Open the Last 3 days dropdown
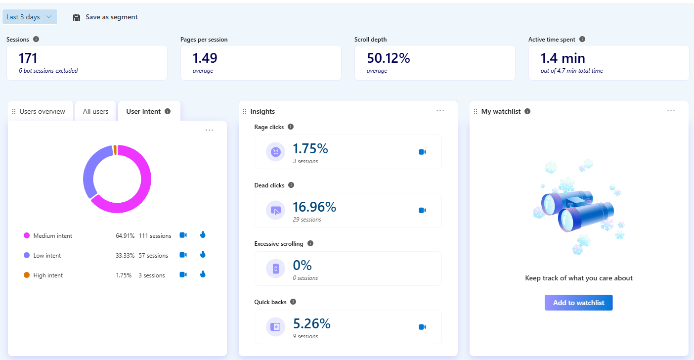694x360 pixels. [30, 17]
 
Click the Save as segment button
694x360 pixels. [105, 17]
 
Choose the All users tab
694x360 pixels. [95, 111]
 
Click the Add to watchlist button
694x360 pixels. [578, 303]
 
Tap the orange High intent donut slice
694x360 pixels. [115, 150]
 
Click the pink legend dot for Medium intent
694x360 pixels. [27, 236]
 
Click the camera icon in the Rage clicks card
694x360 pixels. [422, 152]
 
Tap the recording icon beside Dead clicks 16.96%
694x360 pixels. [422, 210]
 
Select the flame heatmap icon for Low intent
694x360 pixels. [203, 255]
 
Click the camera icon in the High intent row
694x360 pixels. [183, 274]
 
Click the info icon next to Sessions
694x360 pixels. [36, 39]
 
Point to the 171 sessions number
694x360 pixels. [28, 58]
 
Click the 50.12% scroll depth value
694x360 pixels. [388, 58]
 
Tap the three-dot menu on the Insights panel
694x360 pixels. [440, 111]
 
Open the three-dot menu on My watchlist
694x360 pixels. [671, 111]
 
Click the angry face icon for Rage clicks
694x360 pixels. [276, 152]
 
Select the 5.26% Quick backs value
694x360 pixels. [311, 324]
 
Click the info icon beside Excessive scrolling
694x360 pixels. [310, 243]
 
